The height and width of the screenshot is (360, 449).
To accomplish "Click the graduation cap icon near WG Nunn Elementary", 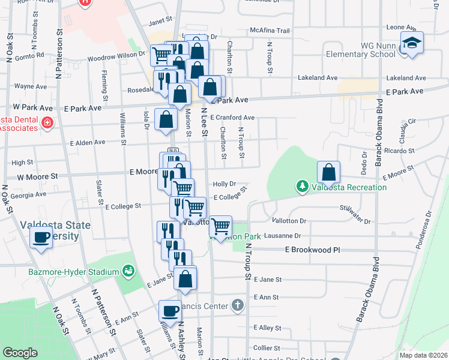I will coord(412,43).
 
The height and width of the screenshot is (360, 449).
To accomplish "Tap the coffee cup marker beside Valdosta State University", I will coord(41,238).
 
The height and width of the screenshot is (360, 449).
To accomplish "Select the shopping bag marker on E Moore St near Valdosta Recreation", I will coord(329,173).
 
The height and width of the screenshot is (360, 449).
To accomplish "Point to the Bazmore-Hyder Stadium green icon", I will coord(128,272).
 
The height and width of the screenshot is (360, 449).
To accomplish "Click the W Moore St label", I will coord(37,177).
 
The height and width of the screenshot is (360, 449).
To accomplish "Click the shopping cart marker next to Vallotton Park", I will coord(221,227).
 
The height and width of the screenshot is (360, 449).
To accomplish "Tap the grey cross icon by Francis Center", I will coord(238,305).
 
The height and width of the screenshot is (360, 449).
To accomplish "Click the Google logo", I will coord(20,353).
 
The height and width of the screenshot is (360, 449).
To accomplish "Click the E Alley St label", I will coord(267,328).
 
